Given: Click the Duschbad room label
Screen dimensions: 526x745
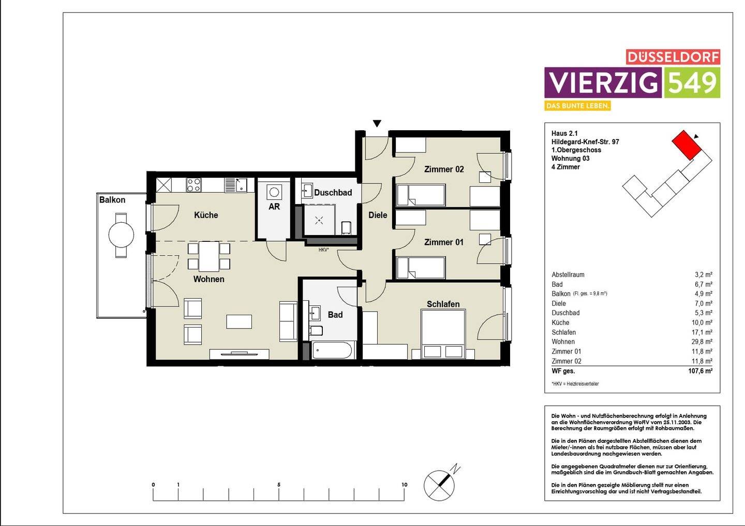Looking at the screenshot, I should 333,193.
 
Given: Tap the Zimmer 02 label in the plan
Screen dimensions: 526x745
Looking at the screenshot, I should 444,169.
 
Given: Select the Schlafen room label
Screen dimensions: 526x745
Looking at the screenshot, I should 443,304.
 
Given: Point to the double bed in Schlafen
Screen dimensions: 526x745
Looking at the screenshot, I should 443,334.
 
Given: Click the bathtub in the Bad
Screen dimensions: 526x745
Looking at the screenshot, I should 332,351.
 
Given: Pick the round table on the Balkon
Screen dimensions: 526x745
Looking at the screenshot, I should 121,235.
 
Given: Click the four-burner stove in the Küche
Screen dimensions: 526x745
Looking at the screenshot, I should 193,185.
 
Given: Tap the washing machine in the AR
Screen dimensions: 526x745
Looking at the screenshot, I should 274,192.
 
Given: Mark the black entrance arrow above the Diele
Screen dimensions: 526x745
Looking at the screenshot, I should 377,123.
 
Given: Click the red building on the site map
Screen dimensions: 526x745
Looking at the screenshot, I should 686,145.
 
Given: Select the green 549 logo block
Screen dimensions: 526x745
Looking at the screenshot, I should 692,83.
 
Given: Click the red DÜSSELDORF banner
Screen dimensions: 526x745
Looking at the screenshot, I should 673,57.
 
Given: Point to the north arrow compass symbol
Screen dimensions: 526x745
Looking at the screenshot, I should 440,485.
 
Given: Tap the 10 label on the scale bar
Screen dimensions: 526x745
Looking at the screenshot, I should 404,485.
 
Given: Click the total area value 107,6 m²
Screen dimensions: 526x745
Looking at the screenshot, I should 700,371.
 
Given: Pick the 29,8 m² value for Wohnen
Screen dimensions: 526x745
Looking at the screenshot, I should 703,342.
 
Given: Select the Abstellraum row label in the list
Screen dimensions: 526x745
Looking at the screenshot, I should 568,275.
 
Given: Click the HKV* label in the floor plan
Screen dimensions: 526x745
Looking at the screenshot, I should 324,250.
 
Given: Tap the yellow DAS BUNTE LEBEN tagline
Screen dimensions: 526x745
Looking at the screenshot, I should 577,106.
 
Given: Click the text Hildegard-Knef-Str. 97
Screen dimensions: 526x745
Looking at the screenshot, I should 585,142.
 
